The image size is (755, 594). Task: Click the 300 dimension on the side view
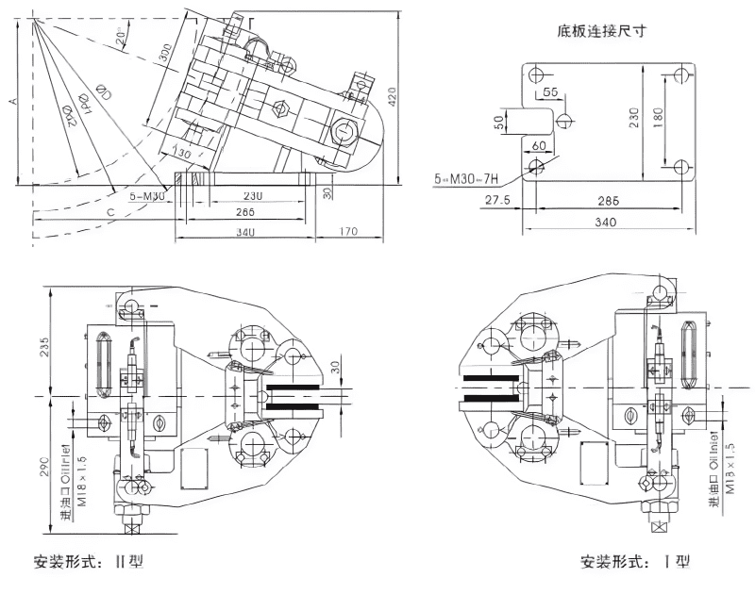165,55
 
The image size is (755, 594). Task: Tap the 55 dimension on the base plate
550,91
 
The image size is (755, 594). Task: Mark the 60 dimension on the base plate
540,145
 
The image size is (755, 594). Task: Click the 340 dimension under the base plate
606,223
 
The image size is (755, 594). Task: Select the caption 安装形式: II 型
88,562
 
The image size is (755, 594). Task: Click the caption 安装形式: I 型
634,562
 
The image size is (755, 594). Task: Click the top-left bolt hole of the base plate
536,75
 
